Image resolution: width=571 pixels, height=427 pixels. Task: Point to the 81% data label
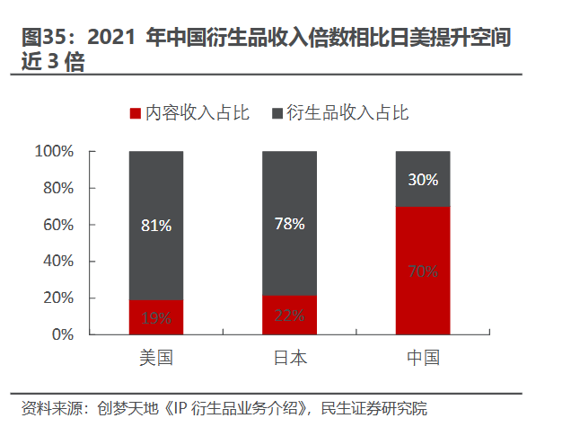(156, 227)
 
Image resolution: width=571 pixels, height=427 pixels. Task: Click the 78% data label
(289, 223)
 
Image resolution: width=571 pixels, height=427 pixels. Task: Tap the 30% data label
(422, 180)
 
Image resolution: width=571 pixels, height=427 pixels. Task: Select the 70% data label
(422, 271)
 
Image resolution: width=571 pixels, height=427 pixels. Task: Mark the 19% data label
(156, 317)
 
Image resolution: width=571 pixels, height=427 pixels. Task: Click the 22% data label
(289, 316)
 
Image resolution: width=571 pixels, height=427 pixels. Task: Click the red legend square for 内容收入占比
(136, 113)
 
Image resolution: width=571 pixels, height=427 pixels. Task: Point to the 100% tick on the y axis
(53, 152)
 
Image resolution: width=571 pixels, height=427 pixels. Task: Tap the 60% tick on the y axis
(57, 225)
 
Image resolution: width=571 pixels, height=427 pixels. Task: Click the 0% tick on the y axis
(61, 334)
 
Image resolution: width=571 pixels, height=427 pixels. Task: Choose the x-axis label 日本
(289, 358)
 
